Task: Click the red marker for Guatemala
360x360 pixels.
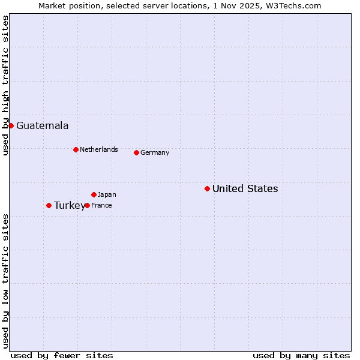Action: click(11, 125)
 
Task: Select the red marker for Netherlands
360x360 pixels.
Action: click(76, 149)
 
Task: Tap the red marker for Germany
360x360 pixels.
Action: click(136, 152)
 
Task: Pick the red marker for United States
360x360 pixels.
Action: click(207, 188)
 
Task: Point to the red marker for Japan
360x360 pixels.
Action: click(94, 194)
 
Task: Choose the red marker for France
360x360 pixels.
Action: click(87, 205)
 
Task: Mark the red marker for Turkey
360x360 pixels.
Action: click(49, 205)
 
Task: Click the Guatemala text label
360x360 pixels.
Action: click(42, 125)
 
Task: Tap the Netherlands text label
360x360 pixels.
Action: click(98, 149)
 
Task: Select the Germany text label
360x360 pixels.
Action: click(155, 152)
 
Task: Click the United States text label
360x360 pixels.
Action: click(245, 188)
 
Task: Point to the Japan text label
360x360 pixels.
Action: click(107, 194)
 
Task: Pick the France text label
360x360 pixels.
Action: click(101, 205)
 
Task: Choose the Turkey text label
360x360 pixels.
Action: click(69, 205)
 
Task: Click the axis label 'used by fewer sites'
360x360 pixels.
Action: click(62, 355)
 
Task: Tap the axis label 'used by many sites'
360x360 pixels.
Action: click(301, 355)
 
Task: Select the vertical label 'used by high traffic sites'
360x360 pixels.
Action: click(5, 85)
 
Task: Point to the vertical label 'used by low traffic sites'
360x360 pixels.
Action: click(5, 280)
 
